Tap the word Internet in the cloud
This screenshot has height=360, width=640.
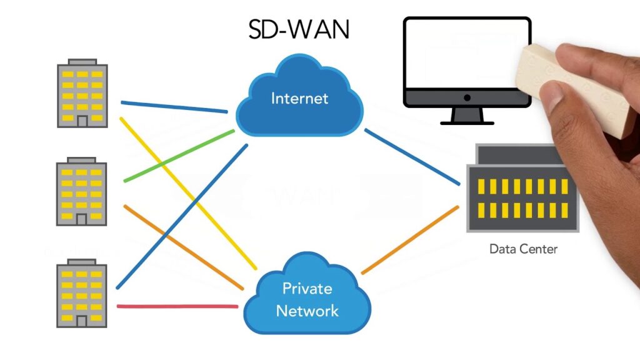tap(299, 98)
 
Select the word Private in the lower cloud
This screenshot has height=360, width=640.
tap(307, 288)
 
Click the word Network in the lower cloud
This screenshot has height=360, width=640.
tap(307, 311)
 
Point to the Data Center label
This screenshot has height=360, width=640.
tap(522, 249)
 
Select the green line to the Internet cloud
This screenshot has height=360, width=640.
tap(181, 156)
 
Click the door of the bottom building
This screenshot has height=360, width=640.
tap(82, 321)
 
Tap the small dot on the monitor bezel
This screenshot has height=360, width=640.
tap(467, 98)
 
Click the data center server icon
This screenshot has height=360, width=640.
tap(522, 191)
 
